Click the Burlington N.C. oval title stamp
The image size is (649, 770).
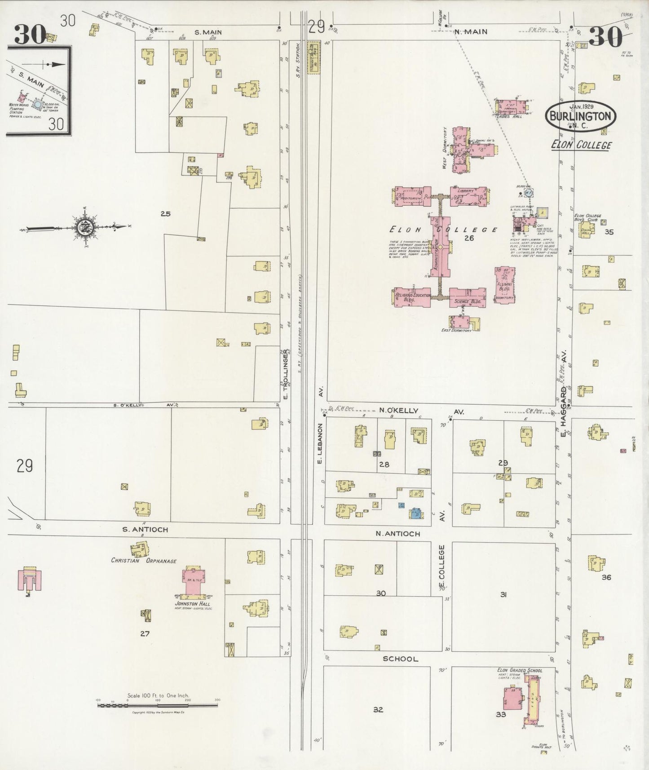pos(581,116)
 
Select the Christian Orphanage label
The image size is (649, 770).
pos(143,561)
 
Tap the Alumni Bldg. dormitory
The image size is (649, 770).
pos(504,285)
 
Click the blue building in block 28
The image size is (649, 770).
pos(415,513)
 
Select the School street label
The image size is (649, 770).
pos(400,659)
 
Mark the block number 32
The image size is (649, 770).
pos(378,710)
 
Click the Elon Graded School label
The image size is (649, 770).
pos(519,671)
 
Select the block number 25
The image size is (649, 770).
pos(165,214)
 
